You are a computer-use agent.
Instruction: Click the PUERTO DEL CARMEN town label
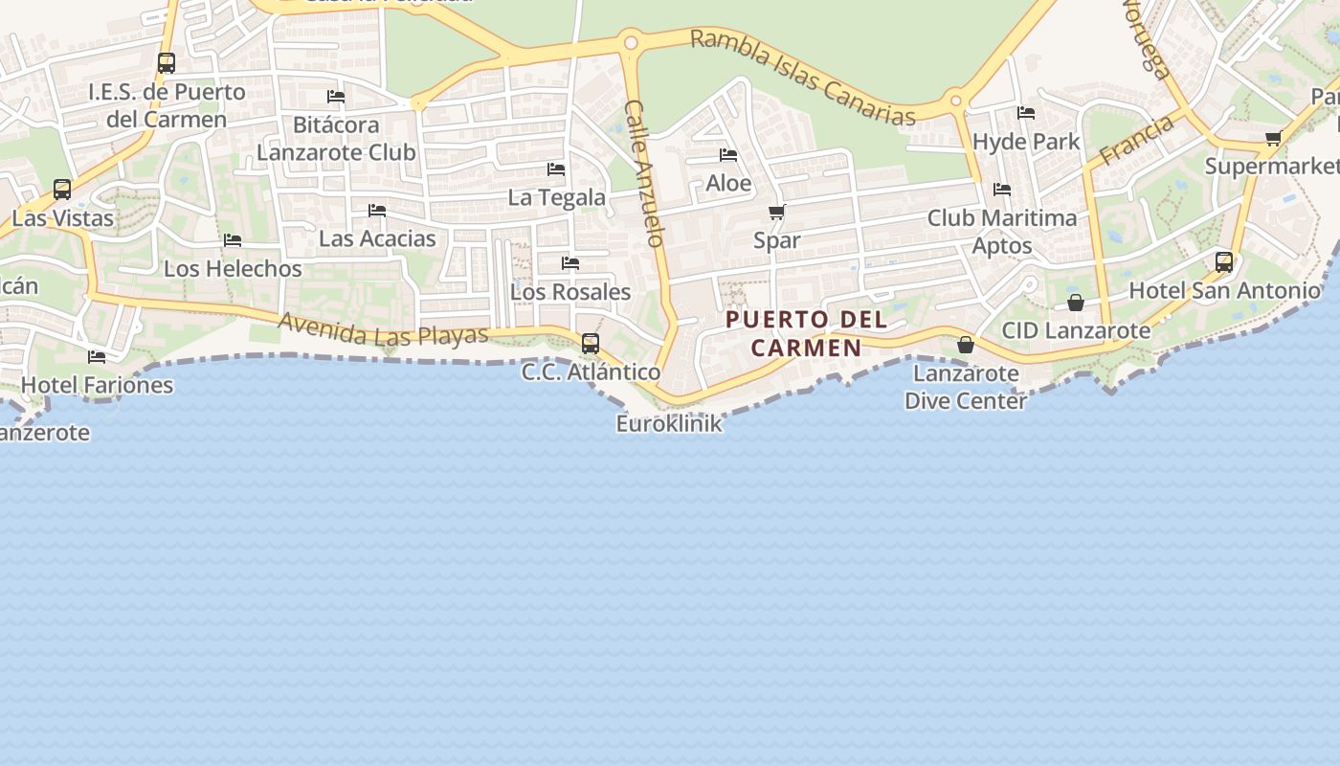click(807, 333)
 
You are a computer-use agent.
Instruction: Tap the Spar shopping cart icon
click(777, 213)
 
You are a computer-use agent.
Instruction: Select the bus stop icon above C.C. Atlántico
click(591, 343)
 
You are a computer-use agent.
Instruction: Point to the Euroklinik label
click(669, 423)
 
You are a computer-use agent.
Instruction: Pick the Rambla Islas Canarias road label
click(802, 78)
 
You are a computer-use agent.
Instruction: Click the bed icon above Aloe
click(728, 155)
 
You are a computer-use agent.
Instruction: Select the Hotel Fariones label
click(97, 385)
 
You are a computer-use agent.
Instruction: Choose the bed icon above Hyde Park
click(1026, 113)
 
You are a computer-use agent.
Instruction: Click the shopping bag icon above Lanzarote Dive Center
click(966, 345)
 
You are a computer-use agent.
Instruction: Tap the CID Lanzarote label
click(1076, 330)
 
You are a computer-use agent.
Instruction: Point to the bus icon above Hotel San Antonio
click(1224, 261)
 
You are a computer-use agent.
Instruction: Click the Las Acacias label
click(377, 238)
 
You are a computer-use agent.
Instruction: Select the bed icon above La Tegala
click(556, 169)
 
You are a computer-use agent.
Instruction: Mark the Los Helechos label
click(233, 268)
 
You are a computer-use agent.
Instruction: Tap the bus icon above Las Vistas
click(62, 190)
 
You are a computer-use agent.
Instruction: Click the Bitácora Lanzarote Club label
click(336, 138)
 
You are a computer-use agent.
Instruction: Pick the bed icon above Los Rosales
click(570, 263)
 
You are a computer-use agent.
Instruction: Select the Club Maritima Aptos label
click(1002, 231)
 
